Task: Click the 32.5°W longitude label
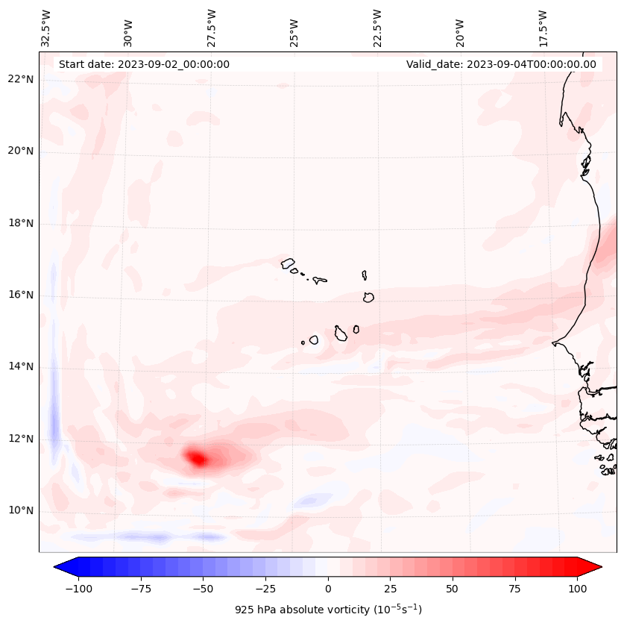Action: [46, 28]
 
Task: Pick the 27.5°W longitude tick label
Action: [212, 28]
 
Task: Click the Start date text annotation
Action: [144, 64]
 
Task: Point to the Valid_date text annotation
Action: [501, 64]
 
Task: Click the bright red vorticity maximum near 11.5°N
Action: [198, 458]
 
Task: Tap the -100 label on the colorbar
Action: [78, 589]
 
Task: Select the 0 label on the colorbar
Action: [327, 589]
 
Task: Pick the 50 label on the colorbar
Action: [452, 589]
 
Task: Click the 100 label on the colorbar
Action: [576, 589]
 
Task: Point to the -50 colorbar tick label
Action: [203, 589]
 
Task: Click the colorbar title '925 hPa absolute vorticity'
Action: [328, 610]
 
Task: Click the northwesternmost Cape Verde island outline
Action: [288, 263]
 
